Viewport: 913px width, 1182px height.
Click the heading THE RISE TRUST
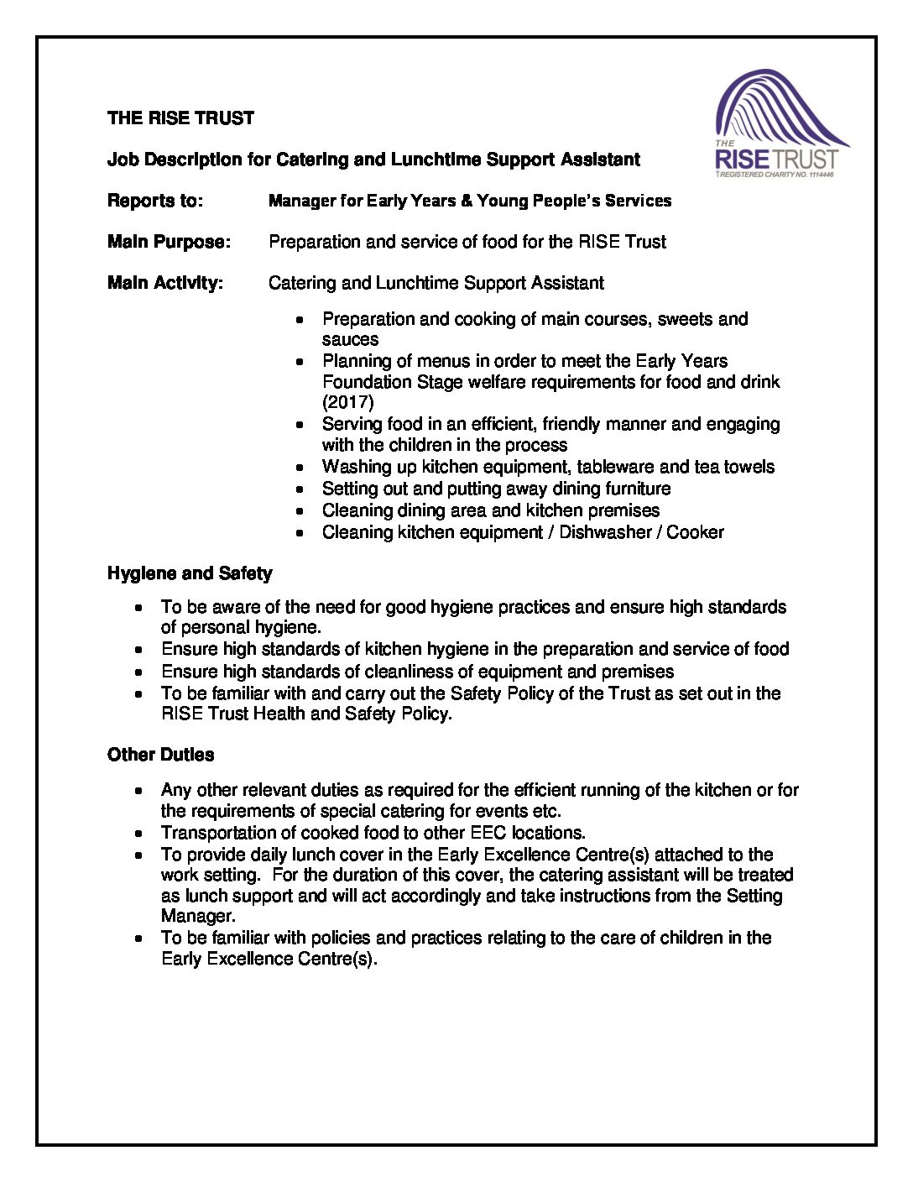point(180,118)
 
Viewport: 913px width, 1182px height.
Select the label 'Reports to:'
point(155,201)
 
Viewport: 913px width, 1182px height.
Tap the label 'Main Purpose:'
point(169,242)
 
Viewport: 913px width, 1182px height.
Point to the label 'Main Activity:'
point(165,283)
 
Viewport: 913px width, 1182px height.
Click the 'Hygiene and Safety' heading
point(190,573)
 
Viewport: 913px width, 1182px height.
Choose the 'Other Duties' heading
point(160,755)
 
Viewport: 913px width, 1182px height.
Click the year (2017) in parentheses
point(348,402)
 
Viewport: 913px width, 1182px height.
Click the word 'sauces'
point(350,340)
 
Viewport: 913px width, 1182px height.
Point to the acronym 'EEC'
point(488,833)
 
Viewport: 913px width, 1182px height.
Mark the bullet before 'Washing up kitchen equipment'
point(300,468)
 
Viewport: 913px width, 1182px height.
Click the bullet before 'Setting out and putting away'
point(300,489)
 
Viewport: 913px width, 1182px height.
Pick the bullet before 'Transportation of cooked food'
point(138,834)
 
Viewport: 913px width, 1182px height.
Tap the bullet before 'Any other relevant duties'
point(138,791)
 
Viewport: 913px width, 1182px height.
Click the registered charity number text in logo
point(776,175)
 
